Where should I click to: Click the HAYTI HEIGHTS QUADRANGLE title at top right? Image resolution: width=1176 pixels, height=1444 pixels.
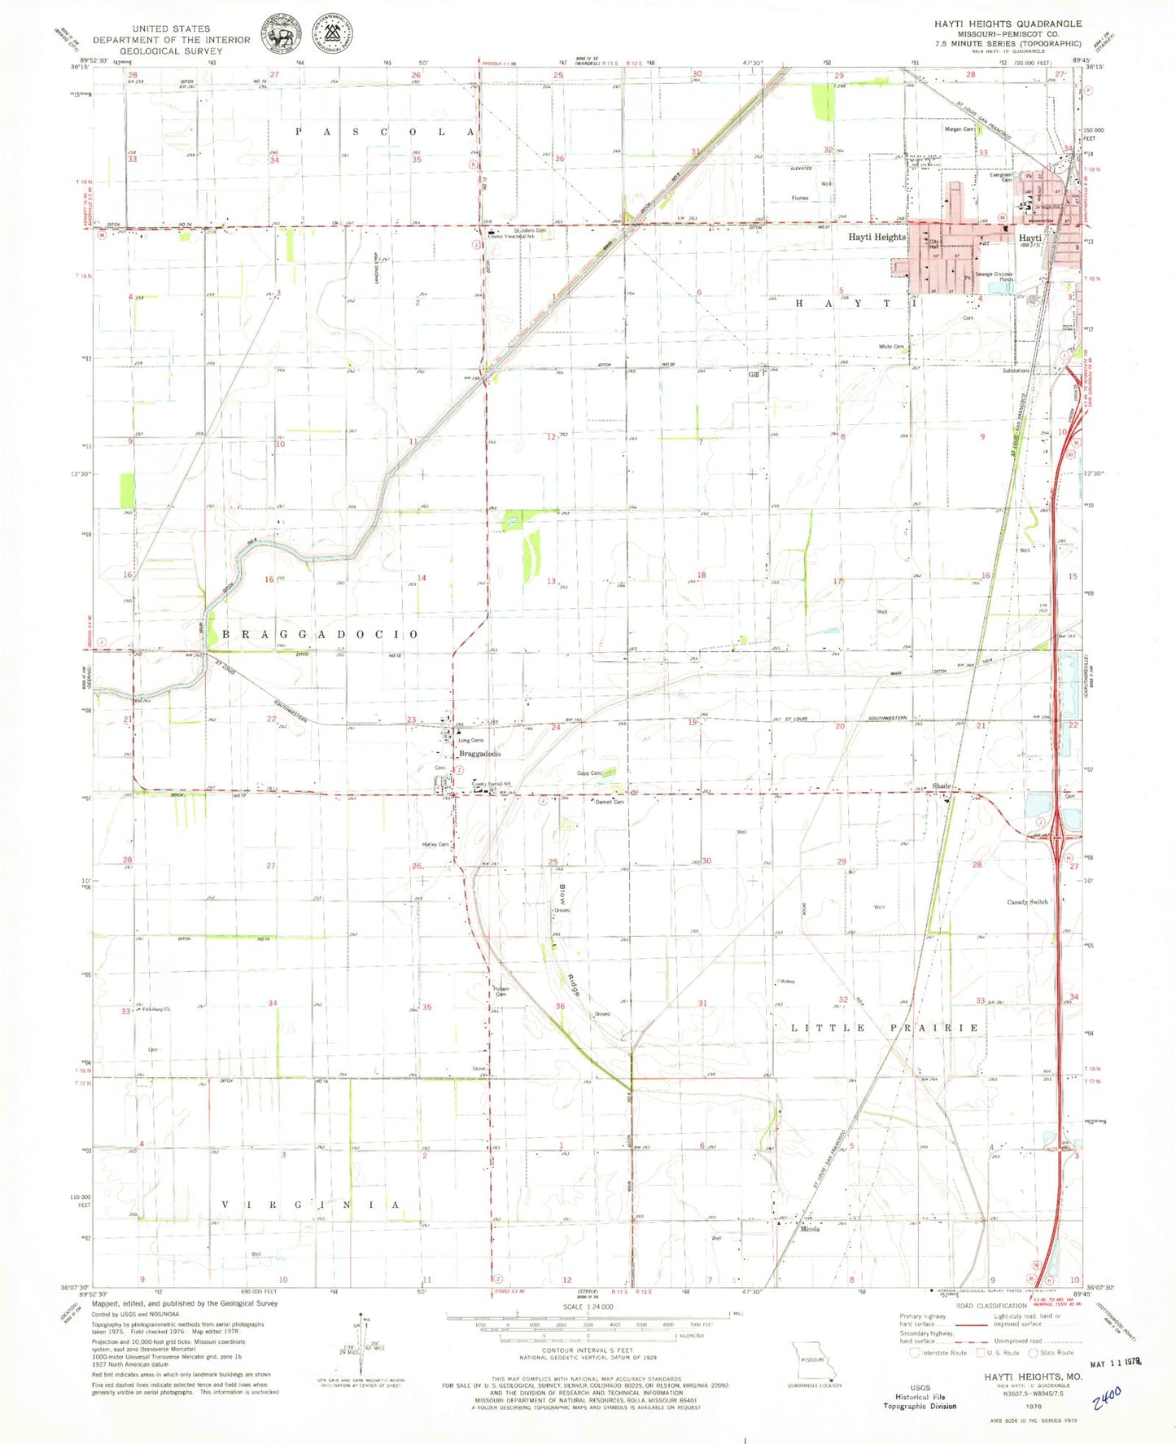click(1008, 24)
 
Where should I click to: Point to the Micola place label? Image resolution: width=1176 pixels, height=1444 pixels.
click(809, 1229)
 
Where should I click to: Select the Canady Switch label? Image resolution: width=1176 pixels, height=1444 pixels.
click(1027, 902)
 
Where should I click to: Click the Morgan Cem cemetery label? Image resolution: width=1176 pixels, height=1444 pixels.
click(959, 129)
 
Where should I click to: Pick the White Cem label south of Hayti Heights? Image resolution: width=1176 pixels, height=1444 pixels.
click(891, 347)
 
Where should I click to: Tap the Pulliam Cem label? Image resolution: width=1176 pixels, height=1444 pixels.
click(501, 991)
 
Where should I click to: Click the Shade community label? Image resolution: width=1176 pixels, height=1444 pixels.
click(942, 786)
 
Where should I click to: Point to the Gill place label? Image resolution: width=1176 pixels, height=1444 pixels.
click(754, 374)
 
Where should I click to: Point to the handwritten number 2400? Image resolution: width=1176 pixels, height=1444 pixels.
click(1107, 1398)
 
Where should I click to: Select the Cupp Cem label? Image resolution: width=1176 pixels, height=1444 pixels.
click(588, 773)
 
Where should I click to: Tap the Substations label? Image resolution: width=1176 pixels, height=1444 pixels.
click(1016, 370)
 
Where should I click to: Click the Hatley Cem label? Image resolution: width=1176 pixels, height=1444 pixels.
click(435, 845)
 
